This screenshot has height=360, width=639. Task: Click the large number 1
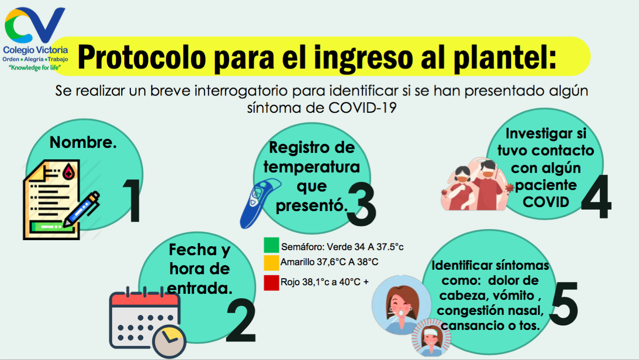pyautogui.click(x=133, y=201)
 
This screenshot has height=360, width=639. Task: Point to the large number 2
pyautogui.click(x=242, y=320)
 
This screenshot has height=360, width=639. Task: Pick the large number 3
pyautogui.click(x=362, y=205)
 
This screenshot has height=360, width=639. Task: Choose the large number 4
pyautogui.click(x=596, y=197)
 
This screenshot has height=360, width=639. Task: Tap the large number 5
pyautogui.click(x=564, y=304)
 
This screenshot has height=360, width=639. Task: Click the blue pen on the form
pyautogui.click(x=81, y=209)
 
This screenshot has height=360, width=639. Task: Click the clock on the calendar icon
pyautogui.click(x=169, y=341)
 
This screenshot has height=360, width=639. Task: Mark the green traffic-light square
pyautogui.click(x=271, y=245)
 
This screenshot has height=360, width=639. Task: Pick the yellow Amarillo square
pyautogui.click(x=271, y=263)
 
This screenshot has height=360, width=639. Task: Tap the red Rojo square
pyautogui.click(x=271, y=283)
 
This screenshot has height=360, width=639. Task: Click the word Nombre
pyautogui.click(x=83, y=142)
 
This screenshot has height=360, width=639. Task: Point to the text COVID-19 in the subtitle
pyautogui.click(x=362, y=108)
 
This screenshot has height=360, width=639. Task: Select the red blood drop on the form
pyautogui.click(x=69, y=171)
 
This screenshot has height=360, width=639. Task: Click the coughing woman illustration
pyautogui.click(x=401, y=305)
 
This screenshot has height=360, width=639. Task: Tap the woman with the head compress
pyautogui.click(x=432, y=338)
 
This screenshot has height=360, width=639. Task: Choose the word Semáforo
pyautogui.click(x=302, y=247)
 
